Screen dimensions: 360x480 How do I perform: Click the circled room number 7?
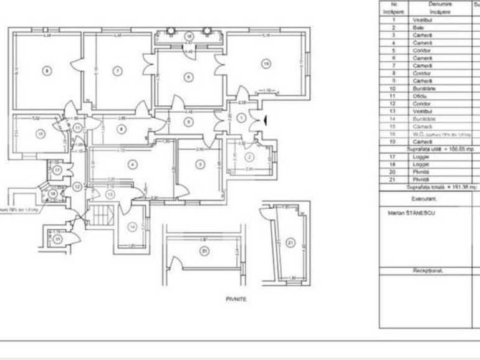(x=117, y=71)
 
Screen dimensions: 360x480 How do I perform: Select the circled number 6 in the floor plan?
(x=188, y=77)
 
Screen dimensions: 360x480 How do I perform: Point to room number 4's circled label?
(x=132, y=164)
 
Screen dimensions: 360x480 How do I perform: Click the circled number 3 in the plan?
(x=199, y=164)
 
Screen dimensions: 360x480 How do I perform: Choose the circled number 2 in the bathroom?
(x=247, y=156)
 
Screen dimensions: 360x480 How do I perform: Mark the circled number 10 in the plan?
(x=40, y=133)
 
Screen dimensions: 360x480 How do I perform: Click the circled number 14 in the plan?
(x=132, y=227)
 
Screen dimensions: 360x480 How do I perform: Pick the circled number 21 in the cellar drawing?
(x=290, y=242)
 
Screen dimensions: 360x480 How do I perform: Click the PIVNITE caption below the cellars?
(x=236, y=300)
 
